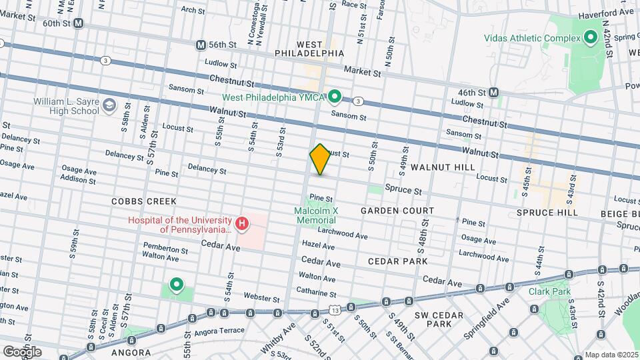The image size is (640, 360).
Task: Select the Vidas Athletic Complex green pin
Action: (589, 38)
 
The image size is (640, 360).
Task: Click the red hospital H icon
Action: (242, 225)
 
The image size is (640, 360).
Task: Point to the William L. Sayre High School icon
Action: (108, 105)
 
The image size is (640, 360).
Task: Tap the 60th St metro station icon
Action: (79, 23)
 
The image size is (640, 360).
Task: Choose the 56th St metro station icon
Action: (201, 45)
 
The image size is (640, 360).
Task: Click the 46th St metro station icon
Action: (494, 92)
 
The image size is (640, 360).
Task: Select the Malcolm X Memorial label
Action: (317, 215)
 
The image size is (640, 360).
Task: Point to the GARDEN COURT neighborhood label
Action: (397, 211)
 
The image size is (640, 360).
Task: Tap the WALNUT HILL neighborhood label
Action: (443, 167)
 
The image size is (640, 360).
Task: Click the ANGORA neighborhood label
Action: (131, 351)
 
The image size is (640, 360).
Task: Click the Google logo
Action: (21, 351)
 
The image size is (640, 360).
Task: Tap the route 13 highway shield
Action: (334, 310)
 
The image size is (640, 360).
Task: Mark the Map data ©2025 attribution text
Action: (611, 355)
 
